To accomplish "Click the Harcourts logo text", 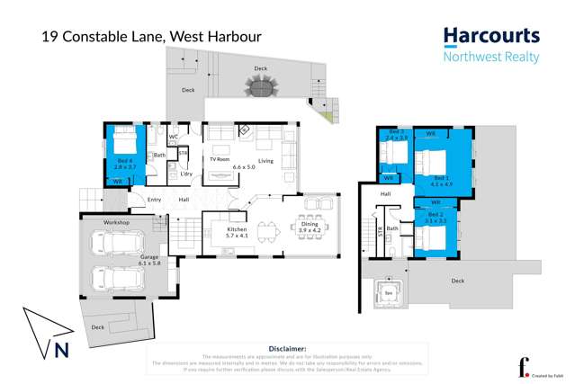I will click(x=491, y=37).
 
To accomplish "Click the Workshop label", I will click(x=116, y=222).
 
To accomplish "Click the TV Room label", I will click(x=220, y=159).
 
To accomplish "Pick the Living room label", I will click(x=265, y=161).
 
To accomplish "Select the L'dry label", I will click(x=186, y=174).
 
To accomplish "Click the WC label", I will click(x=174, y=138).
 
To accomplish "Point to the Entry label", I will click(x=154, y=200).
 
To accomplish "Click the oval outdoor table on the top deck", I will click(x=261, y=88).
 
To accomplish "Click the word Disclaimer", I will click(x=287, y=348).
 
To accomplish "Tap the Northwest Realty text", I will click(x=491, y=57).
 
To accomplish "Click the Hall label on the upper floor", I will click(x=385, y=193).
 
